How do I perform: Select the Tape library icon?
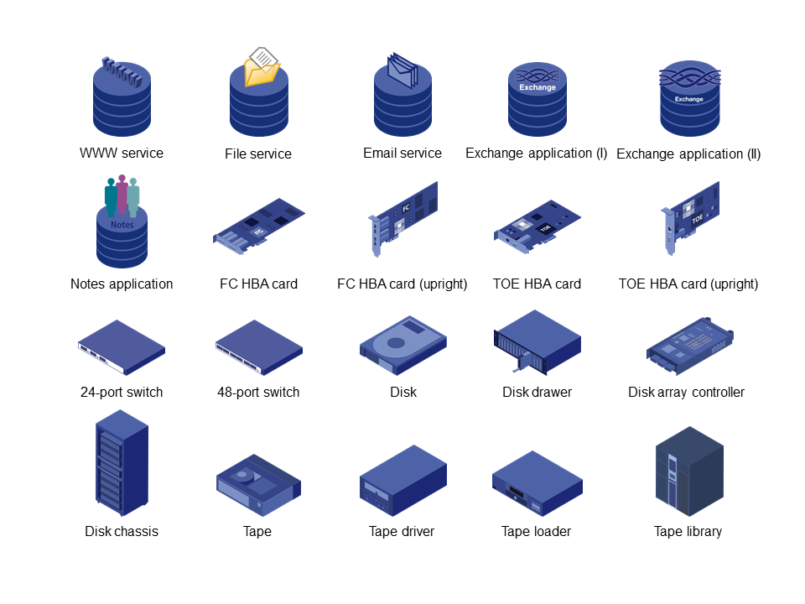point(689,471)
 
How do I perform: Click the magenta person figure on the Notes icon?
point(122,194)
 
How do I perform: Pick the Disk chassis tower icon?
point(122,463)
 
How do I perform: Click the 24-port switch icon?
point(122,347)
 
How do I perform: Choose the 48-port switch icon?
point(259,347)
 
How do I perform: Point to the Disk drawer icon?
point(537,341)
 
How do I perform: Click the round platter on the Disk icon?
point(396,342)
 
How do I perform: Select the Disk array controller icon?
point(689,346)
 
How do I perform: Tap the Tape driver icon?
point(403,481)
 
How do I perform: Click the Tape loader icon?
point(537,483)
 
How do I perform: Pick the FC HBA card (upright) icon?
point(403,218)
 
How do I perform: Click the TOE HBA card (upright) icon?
point(689,218)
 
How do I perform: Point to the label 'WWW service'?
point(122,153)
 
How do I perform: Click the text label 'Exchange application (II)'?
point(688,154)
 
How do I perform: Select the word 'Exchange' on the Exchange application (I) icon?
point(538,87)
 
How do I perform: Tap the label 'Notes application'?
point(122,284)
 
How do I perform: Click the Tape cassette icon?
point(259,485)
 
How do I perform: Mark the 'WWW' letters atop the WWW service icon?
point(122,71)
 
